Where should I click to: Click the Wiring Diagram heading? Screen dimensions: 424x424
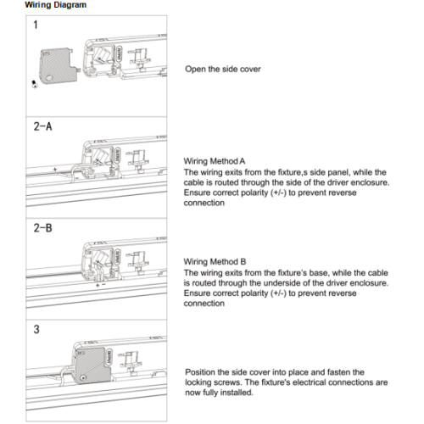tap(56, 5)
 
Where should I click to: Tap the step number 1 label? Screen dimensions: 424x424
tap(36, 25)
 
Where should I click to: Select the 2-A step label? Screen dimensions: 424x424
tap(42, 126)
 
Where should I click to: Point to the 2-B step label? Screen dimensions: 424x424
tap(42, 228)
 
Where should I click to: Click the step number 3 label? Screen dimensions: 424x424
tap(36, 329)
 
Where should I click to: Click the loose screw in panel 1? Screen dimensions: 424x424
tap(35, 84)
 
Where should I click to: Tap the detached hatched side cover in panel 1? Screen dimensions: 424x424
tap(59, 66)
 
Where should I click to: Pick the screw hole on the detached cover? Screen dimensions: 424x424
tap(49, 77)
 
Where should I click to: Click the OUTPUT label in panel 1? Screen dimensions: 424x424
tap(119, 53)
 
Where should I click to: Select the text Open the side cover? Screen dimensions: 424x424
tap(223, 69)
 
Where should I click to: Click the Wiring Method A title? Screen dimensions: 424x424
tap(215, 161)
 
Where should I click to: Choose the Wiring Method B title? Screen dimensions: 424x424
tap(215, 262)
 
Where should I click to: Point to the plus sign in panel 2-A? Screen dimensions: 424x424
tap(55, 170)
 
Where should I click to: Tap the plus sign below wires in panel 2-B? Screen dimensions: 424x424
tap(98, 285)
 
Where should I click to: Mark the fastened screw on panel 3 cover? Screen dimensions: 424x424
tap(83, 377)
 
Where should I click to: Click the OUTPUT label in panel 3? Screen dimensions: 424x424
tap(109, 357)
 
